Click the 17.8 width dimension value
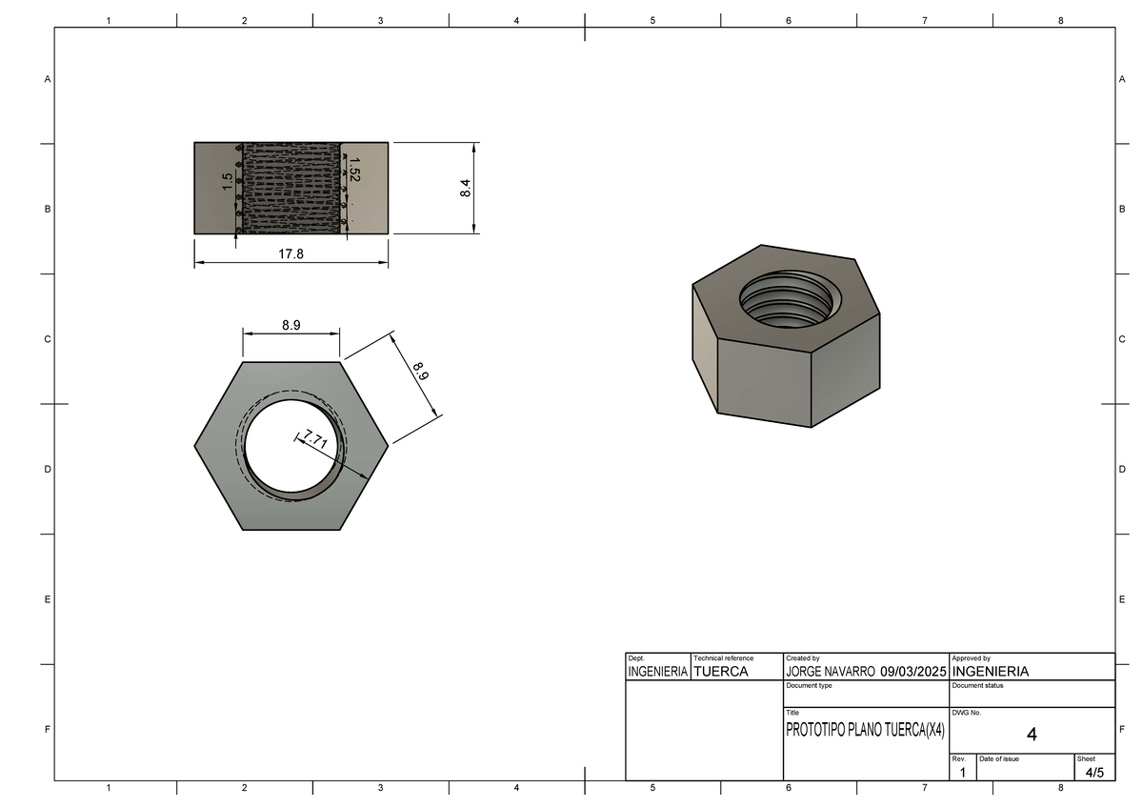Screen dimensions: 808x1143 (x=291, y=254)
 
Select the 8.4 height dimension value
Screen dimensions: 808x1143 (x=465, y=188)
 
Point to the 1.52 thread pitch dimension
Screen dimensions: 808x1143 (x=354, y=170)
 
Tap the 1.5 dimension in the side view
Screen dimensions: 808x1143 (x=227, y=182)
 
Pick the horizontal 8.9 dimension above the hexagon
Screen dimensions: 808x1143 (x=291, y=325)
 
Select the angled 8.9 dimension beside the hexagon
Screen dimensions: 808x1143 (x=420, y=370)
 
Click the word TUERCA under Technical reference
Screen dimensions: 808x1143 (x=721, y=672)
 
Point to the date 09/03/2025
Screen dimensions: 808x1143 (x=912, y=672)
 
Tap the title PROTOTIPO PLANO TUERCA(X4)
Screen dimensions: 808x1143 (x=865, y=731)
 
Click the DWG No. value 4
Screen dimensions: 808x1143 (x=1032, y=735)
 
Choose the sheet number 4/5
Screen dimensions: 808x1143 (x=1094, y=772)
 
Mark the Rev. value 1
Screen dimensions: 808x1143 (x=963, y=773)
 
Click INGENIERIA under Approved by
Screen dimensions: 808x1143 (x=991, y=672)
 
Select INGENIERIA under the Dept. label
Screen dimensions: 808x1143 (x=657, y=672)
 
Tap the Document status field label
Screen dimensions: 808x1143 (x=977, y=686)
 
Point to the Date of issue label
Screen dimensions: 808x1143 (x=999, y=758)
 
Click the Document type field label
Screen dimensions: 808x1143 (x=809, y=686)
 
